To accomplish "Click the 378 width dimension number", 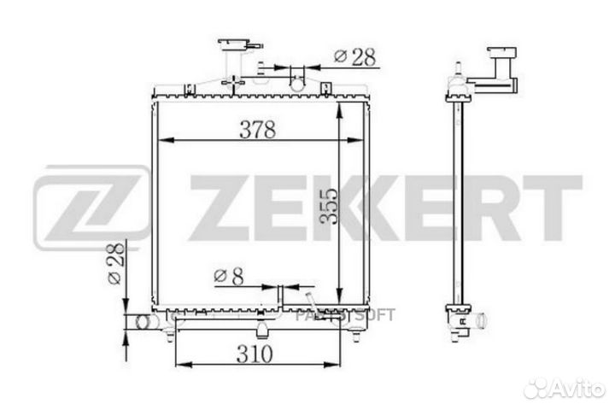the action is [258, 130].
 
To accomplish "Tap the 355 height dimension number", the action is [329, 207].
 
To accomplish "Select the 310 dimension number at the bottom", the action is [255, 354].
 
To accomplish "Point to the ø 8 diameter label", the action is [229, 276].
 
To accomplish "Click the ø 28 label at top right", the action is [355, 57].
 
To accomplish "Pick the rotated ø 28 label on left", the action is [116, 263].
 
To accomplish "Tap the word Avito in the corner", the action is [578, 389].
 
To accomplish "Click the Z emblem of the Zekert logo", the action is [91, 208].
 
